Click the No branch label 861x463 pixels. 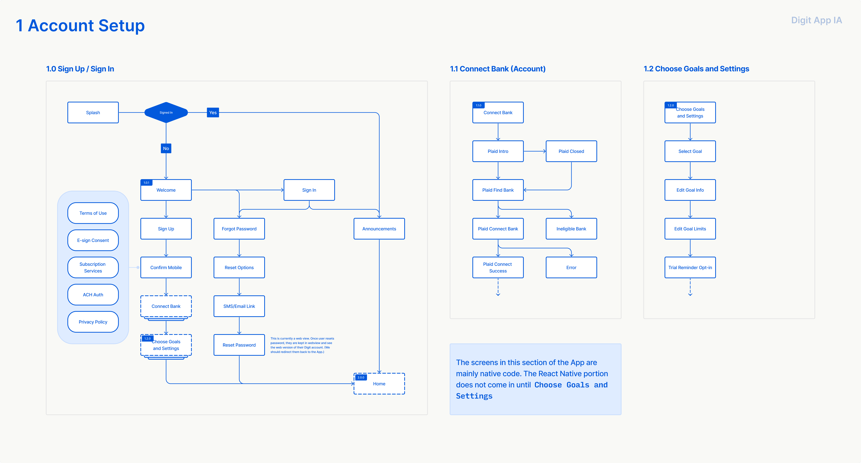click(166, 148)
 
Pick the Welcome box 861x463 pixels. click(166, 190)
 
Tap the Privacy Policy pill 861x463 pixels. click(93, 322)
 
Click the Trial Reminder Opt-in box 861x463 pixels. click(690, 267)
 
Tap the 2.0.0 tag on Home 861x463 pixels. click(361, 377)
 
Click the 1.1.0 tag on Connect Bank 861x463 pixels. click(479, 105)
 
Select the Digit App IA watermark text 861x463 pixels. click(816, 20)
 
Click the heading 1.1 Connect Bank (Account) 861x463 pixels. click(498, 69)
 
